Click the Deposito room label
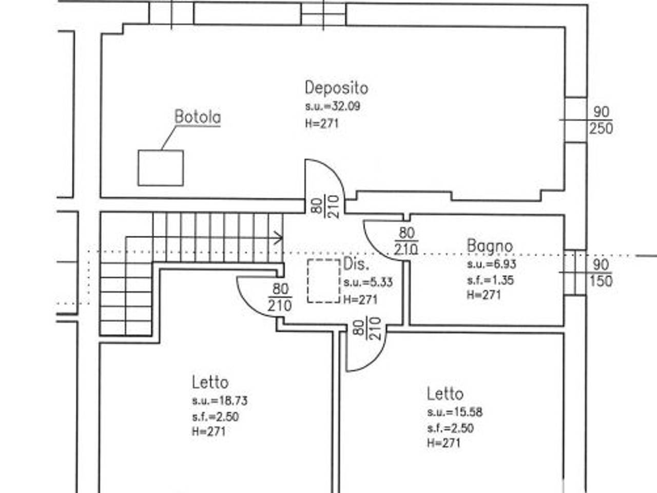[x=336, y=88]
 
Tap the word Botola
[x=198, y=117]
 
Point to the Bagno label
[x=490, y=246]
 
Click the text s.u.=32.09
[x=333, y=106]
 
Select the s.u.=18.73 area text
[x=220, y=401]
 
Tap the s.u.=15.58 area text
[x=455, y=412]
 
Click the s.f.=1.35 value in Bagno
[x=490, y=280]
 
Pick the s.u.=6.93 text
[x=492, y=264]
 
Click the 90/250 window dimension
[x=601, y=120]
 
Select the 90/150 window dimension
[x=601, y=273]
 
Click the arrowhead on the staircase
[x=279, y=238]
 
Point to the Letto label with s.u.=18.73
[x=210, y=383]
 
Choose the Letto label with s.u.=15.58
[x=446, y=394]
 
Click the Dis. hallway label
[x=356, y=264]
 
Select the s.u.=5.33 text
[x=368, y=282]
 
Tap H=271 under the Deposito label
[x=322, y=123]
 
